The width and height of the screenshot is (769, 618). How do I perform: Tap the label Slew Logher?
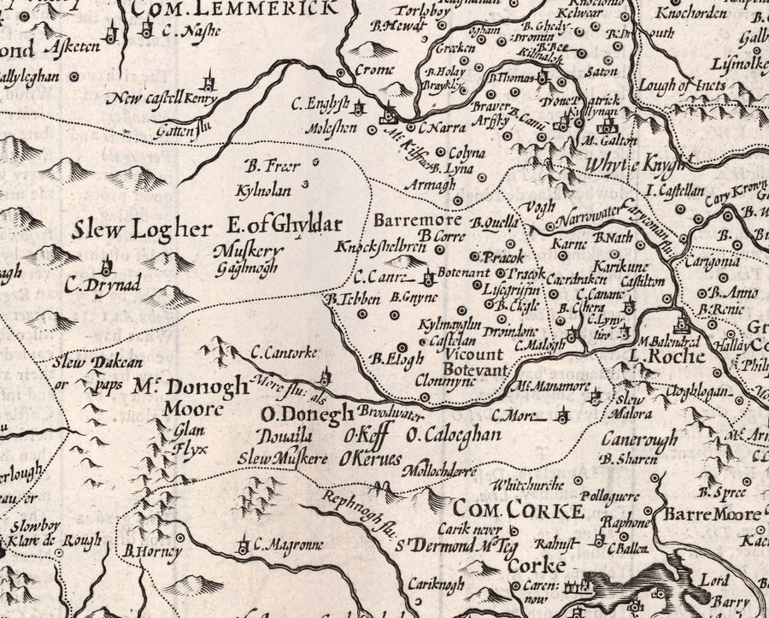click(x=140, y=229)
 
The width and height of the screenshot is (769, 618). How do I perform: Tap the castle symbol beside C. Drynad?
click(x=109, y=266)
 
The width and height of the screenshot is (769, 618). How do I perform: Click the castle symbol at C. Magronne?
click(x=244, y=542)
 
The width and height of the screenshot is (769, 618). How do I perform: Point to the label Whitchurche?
click(x=528, y=486)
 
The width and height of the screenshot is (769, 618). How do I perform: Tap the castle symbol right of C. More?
click(x=563, y=417)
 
